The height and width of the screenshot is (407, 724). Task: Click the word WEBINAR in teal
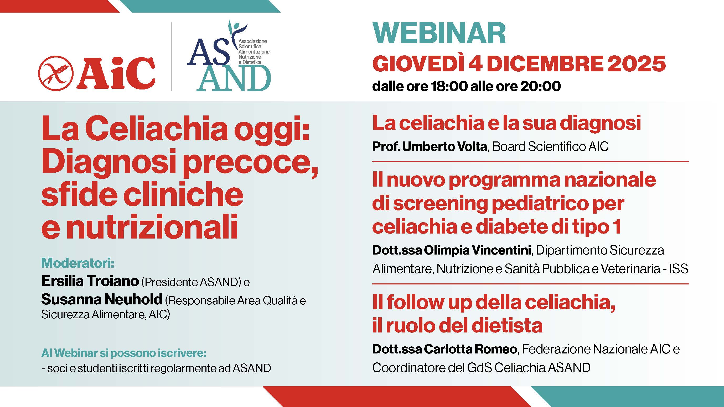click(x=439, y=33)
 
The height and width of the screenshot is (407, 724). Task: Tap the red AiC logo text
click(x=117, y=73)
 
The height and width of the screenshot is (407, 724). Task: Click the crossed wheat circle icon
click(x=56, y=73)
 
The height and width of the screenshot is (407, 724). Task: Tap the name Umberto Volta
click(x=445, y=146)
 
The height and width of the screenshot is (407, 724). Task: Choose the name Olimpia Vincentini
click(x=477, y=250)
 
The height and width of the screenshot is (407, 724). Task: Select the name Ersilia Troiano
click(x=90, y=281)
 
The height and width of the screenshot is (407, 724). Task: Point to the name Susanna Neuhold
click(x=102, y=299)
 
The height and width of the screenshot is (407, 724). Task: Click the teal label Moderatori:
click(x=78, y=263)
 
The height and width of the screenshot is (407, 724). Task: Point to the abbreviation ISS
click(x=679, y=269)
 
